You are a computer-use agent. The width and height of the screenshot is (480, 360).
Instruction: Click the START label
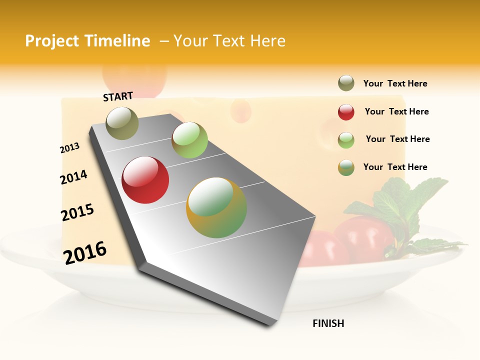[x=118, y=96]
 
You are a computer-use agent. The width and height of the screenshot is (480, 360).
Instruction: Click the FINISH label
[x=328, y=323]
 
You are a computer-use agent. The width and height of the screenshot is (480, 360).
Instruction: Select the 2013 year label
[x=69, y=148]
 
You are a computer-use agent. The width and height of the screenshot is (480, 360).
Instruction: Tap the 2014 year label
[x=73, y=177]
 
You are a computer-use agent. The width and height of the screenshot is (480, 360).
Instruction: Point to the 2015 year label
[x=77, y=212]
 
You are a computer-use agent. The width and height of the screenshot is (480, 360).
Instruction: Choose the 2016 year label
[x=85, y=252]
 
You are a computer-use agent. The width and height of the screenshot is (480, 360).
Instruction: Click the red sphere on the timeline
[x=145, y=180]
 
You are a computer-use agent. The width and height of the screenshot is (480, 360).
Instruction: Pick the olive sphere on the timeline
[x=122, y=123]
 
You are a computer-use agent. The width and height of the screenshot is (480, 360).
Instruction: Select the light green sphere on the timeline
[x=189, y=140]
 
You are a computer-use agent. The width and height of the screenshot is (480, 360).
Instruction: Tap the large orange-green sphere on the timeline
[x=216, y=207]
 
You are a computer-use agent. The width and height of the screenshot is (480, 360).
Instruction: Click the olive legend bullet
[x=346, y=83]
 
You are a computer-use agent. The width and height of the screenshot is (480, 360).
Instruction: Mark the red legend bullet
[x=346, y=112]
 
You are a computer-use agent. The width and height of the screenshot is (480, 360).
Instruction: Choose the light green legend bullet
[x=346, y=140]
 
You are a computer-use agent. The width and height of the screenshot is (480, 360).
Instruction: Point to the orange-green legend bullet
[x=346, y=167]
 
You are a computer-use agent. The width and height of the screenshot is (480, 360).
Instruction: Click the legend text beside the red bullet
[x=396, y=111]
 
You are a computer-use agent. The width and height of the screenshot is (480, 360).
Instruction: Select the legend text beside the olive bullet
[x=395, y=83]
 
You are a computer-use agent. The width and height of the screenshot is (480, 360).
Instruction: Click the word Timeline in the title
[x=117, y=41]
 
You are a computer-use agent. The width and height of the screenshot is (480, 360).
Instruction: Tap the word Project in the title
[x=52, y=41]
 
